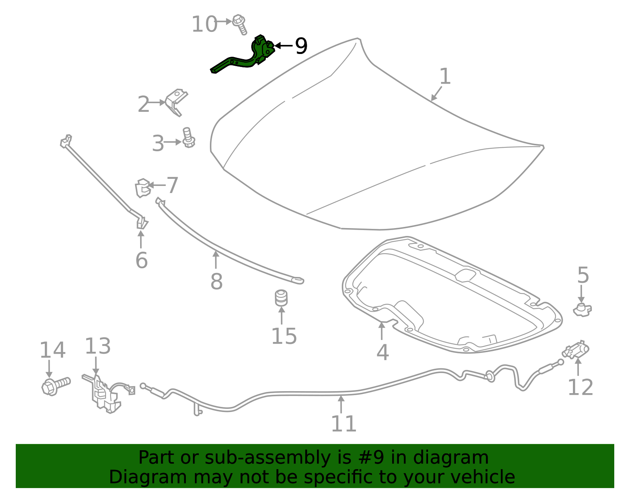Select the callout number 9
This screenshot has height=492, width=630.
click(x=301, y=46)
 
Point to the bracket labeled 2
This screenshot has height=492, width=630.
click(x=176, y=101)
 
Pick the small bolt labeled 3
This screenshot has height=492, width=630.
click(x=189, y=138)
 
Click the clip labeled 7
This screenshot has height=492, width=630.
click(x=143, y=188)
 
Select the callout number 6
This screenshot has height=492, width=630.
click(x=141, y=260)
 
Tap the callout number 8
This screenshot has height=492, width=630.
click(x=216, y=281)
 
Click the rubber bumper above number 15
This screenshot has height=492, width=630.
click(x=281, y=298)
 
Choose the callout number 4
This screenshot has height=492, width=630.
click(x=383, y=352)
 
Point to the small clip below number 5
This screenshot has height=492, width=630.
click(x=582, y=310)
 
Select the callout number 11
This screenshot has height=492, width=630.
click(x=344, y=424)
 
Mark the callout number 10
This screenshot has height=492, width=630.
click(x=204, y=24)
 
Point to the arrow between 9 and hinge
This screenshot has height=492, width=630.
click(x=283, y=46)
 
